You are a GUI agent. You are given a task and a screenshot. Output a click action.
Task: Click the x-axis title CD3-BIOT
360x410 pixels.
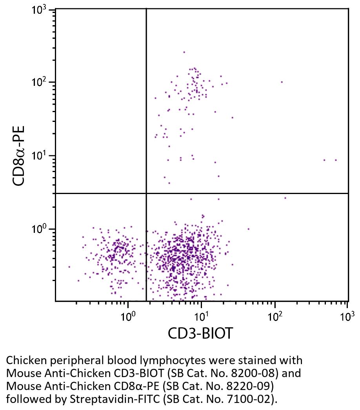tap(200, 334)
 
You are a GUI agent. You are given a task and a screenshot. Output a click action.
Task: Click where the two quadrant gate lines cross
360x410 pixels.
tap(146, 193)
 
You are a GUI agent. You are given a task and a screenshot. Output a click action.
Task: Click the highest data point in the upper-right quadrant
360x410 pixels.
tap(184, 52)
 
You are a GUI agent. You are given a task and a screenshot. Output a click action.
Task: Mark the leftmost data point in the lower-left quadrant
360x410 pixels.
tap(69, 267)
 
